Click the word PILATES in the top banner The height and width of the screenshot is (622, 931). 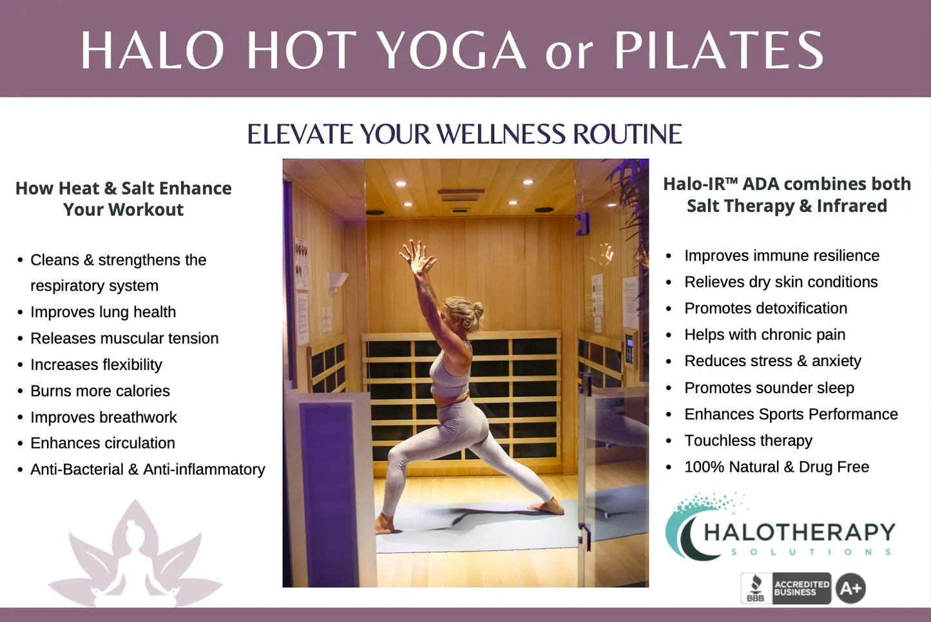tap(719, 50)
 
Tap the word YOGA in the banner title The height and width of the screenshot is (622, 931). tap(453, 50)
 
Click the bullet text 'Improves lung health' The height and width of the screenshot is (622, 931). tap(103, 312)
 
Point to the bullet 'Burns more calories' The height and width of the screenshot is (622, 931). tap(100, 391)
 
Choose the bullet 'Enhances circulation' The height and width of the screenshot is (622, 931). tap(102, 443)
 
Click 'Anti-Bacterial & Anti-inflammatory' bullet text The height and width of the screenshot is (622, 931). tap(148, 469)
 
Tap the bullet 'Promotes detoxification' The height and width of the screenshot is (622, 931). tap(765, 309)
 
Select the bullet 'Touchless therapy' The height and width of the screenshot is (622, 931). tap(748, 441)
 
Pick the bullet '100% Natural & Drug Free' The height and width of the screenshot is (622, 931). tap(777, 467)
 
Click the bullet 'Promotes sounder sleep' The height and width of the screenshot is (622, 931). tap(769, 388)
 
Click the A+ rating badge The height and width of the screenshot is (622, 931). tap(850, 588)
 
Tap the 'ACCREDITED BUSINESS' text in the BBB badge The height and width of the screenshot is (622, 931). tap(801, 588)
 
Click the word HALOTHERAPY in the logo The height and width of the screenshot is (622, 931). tap(800, 532)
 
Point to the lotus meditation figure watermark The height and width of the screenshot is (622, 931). tap(135, 555)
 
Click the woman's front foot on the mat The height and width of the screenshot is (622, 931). tap(547, 507)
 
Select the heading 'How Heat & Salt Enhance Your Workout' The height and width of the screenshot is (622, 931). tap(124, 199)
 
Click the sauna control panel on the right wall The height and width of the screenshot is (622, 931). tap(629, 349)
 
